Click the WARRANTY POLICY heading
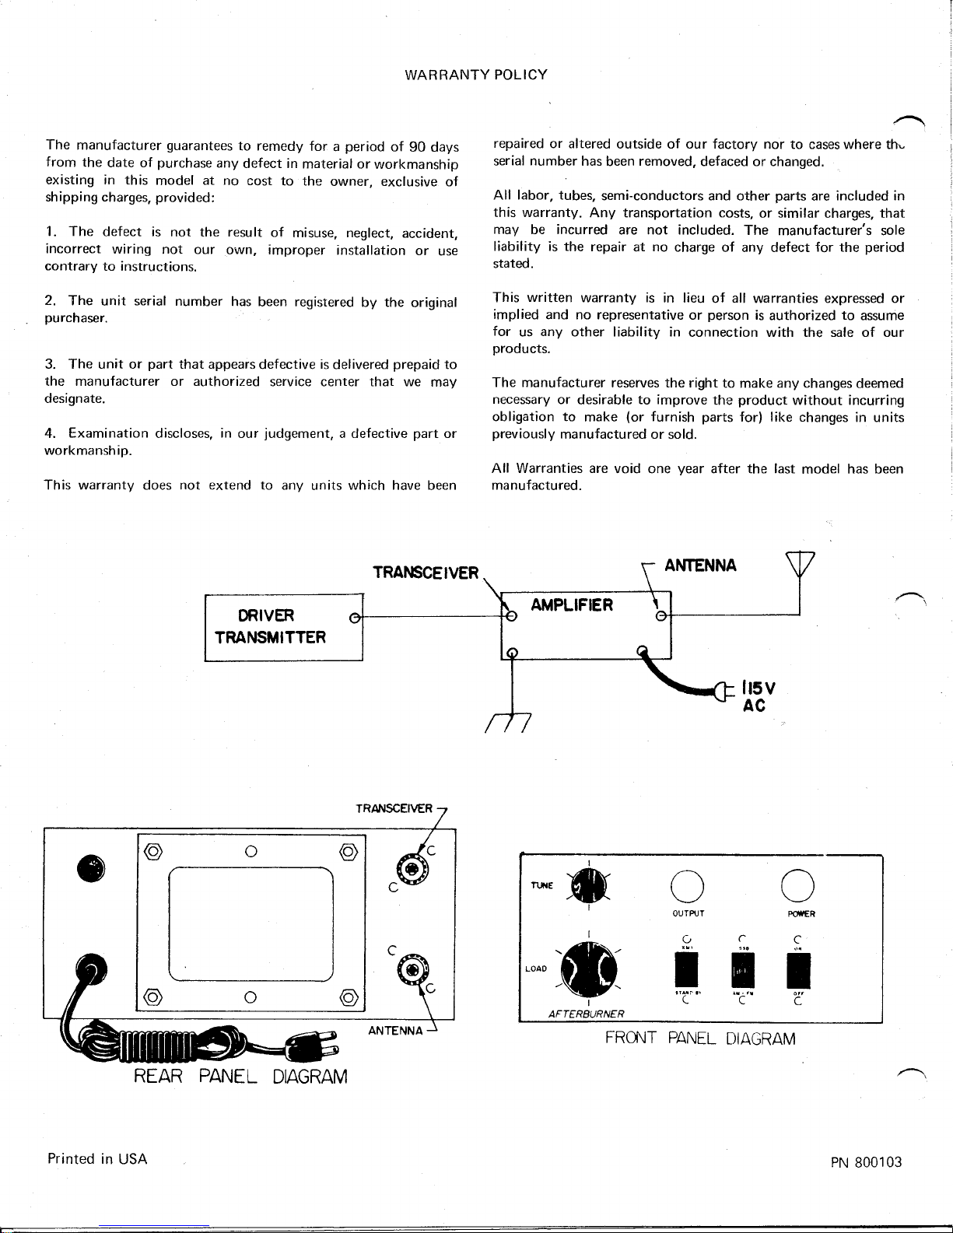[476, 75]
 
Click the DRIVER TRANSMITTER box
[283, 627]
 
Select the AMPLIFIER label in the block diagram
[573, 605]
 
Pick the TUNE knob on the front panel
[589, 885]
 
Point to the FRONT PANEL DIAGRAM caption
[700, 1039]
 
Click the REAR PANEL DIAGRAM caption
[240, 1077]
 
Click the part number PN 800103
[866, 1162]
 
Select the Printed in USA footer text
[97, 1159]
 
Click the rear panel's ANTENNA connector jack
[412, 969]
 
